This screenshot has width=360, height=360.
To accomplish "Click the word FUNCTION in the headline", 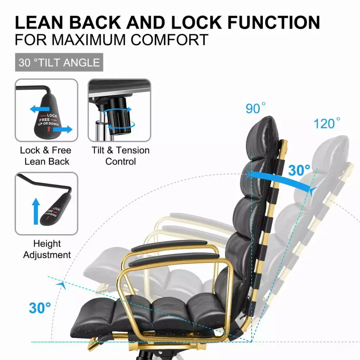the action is [x=274, y=22].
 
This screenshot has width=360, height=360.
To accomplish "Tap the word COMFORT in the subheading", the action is [x=170, y=40].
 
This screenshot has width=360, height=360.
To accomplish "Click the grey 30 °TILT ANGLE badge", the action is [x=59, y=62].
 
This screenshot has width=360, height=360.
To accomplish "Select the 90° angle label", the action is [x=255, y=108].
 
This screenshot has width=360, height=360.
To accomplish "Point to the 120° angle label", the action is [x=327, y=123].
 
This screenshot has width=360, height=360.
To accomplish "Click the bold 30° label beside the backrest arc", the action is [x=299, y=170].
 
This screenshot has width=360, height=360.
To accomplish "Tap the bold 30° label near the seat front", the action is [x=40, y=308].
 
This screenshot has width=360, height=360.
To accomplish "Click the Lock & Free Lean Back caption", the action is [x=46, y=156].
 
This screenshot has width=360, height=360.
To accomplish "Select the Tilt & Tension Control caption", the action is [x=121, y=156].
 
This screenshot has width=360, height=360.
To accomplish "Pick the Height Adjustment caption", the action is [x=47, y=249].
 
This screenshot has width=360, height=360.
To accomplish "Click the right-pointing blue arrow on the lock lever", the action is [x=63, y=129].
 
